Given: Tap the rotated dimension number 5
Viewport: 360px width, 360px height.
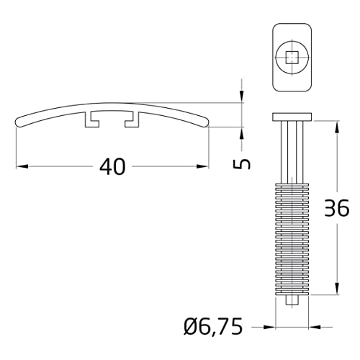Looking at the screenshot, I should pyautogui.click(x=243, y=163).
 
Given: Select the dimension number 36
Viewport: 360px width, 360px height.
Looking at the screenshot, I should pyautogui.click(x=336, y=208).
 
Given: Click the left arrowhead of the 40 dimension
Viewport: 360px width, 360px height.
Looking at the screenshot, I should pyautogui.click(x=20, y=167).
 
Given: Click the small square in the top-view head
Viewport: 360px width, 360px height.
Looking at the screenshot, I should pyautogui.click(x=292, y=57).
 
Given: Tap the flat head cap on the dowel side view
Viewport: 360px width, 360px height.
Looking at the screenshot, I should pyautogui.click(x=292, y=117).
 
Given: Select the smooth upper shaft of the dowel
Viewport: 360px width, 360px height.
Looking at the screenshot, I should pyautogui.click(x=292, y=151).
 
